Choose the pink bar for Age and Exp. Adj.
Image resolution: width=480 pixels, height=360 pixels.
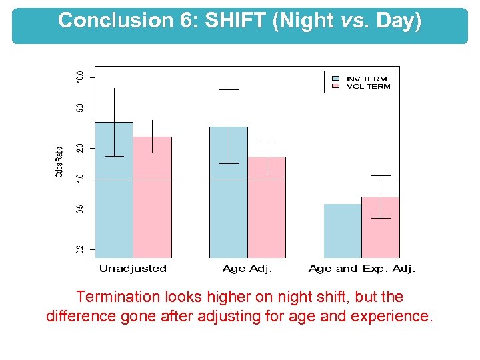381,227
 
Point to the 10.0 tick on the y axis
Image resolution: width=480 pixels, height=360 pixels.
80,77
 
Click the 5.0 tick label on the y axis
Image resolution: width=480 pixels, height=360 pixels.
80,107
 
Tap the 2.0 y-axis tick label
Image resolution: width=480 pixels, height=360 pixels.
80,147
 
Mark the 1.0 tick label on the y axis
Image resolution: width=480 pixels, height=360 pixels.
80,179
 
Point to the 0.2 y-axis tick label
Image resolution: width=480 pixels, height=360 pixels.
80,249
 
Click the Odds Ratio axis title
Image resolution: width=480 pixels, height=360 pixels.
59,161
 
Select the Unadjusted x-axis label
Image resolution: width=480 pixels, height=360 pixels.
133,269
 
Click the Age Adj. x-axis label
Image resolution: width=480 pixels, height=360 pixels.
247,269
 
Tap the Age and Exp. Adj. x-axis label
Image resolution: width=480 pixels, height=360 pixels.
362,269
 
